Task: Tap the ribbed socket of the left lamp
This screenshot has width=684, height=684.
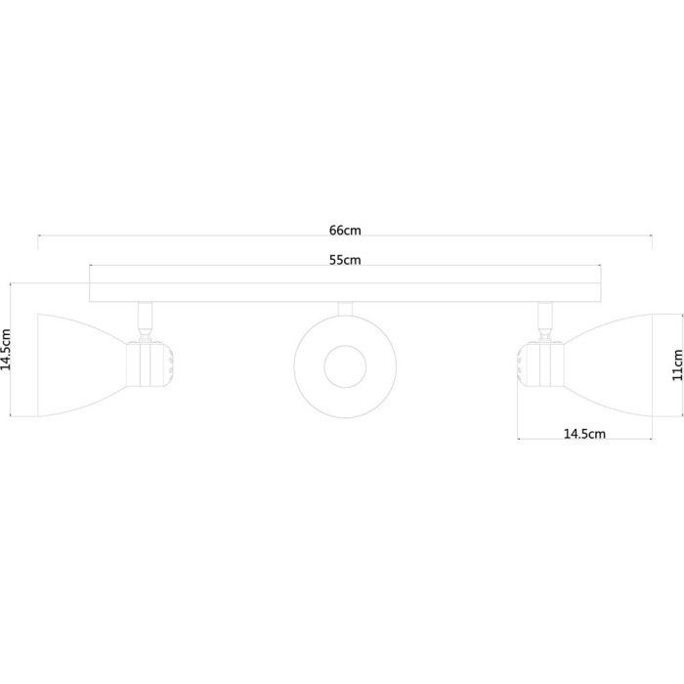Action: (x=154, y=364)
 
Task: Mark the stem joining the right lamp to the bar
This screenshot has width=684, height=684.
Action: (x=543, y=318)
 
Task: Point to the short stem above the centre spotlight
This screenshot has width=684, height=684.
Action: (x=345, y=309)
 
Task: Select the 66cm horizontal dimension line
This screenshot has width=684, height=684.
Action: (x=195, y=235)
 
